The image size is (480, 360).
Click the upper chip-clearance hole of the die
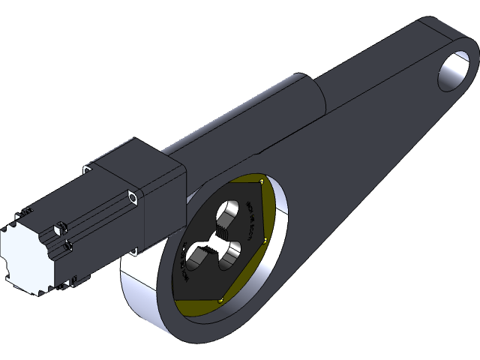click(x=229, y=212)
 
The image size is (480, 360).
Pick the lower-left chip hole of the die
click(x=196, y=256)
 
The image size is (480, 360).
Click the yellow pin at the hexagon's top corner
click(x=259, y=181)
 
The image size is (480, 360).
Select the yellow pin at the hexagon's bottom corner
click(x=220, y=301)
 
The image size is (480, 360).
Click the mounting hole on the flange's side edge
click(x=133, y=197)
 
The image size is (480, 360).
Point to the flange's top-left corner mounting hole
click(x=88, y=171)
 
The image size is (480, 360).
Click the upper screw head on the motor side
click(x=59, y=224)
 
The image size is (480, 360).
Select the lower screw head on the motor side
click(x=68, y=244)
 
